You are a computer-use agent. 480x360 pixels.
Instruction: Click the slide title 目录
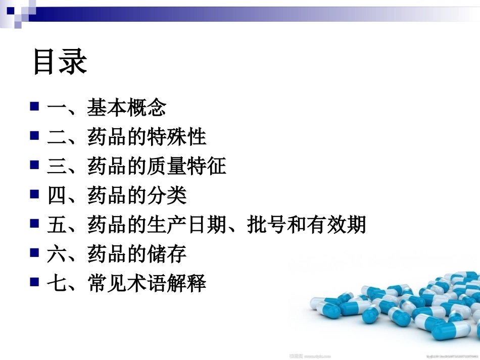(60, 62)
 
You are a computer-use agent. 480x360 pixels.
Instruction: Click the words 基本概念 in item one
(127, 108)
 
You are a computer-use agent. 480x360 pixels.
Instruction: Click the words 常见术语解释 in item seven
(147, 283)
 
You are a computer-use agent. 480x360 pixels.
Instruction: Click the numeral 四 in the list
(57, 195)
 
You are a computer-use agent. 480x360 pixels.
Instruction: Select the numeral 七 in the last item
(57, 283)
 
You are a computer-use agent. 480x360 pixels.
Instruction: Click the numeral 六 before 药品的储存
(57, 254)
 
